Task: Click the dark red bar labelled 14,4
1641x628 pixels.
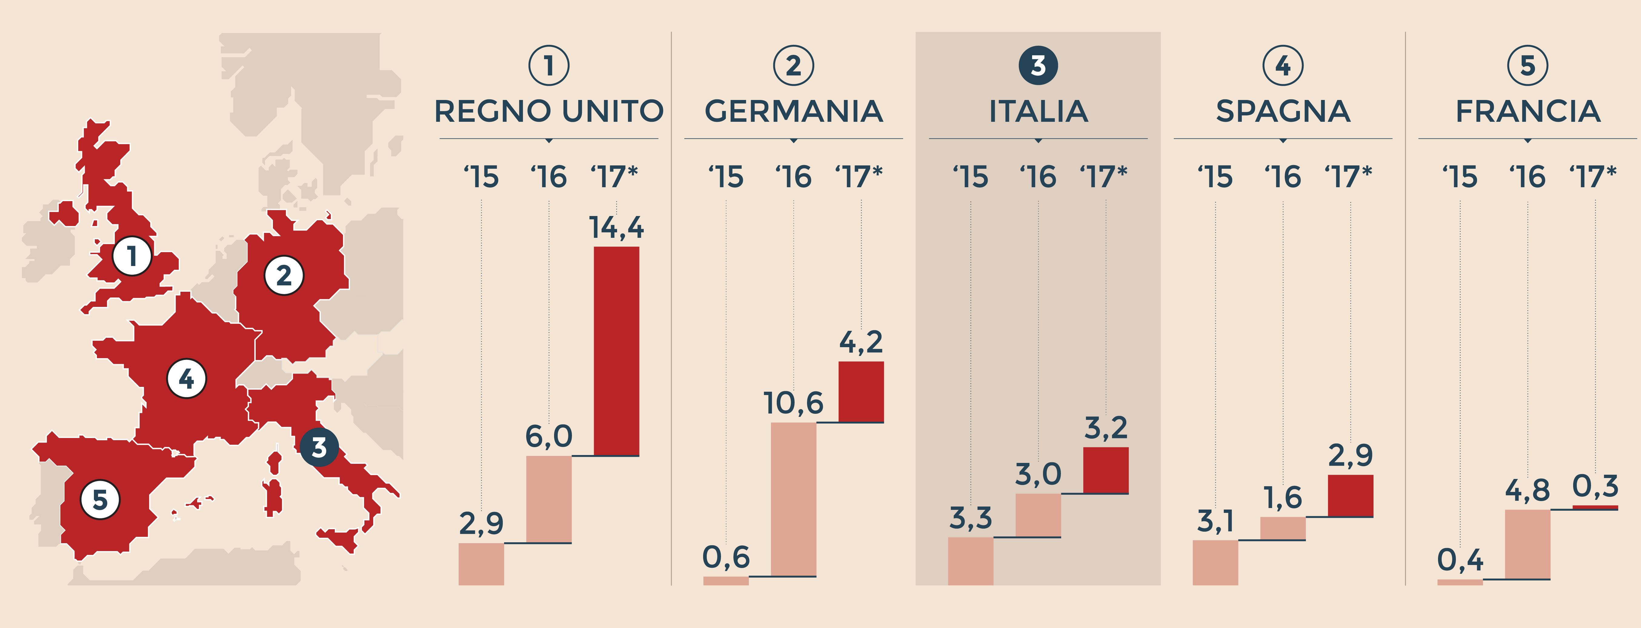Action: point(616,351)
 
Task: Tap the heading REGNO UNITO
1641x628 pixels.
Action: point(549,111)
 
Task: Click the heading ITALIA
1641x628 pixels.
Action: point(1038,111)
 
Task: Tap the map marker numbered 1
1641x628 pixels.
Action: point(132,256)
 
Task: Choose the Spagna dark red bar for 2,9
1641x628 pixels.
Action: point(1350,496)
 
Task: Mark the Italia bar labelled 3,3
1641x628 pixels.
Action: point(970,560)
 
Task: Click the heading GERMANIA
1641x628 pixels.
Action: point(793,111)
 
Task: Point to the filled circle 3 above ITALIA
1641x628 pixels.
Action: point(1038,66)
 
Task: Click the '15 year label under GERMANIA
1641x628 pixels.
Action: point(726,177)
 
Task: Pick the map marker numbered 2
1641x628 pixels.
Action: point(284,275)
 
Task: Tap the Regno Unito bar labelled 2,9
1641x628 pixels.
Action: point(481,564)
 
